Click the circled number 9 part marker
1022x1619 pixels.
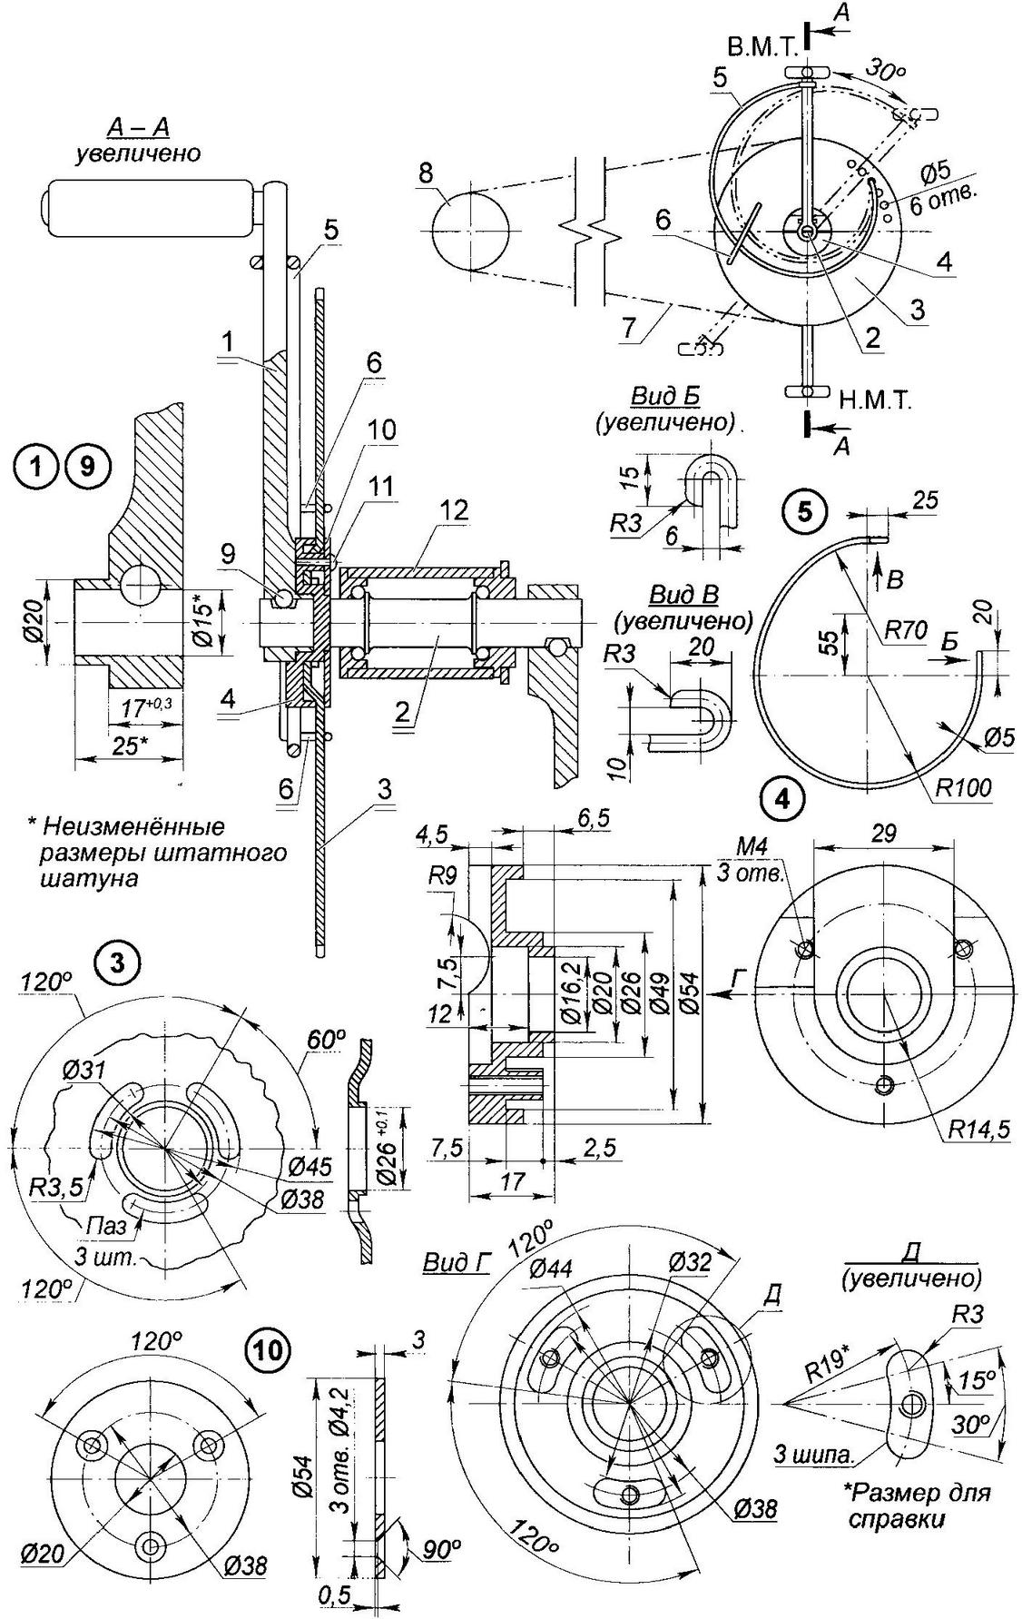[86, 467]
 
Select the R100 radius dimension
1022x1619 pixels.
[962, 786]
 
